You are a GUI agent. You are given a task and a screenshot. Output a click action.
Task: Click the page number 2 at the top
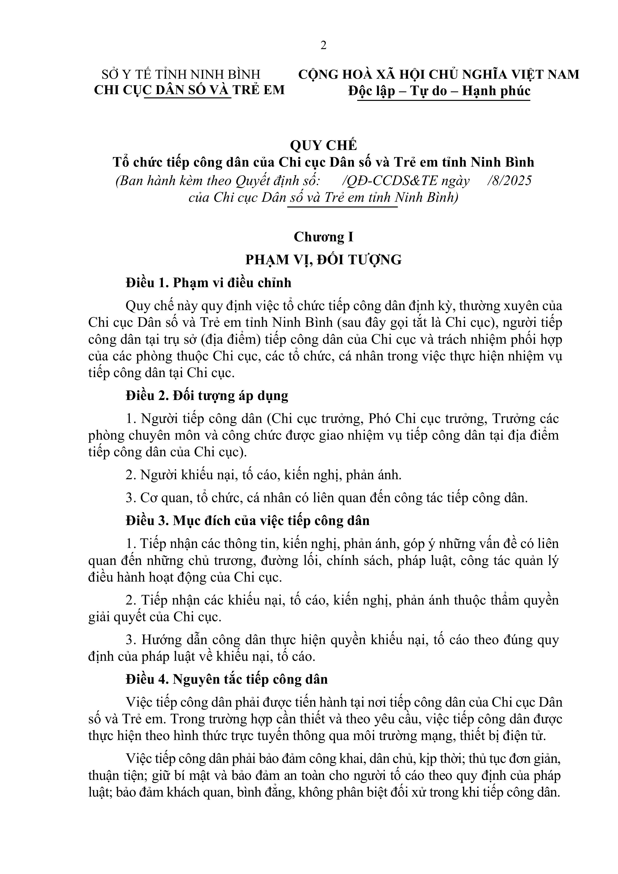323,46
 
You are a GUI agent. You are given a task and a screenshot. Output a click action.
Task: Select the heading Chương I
323,237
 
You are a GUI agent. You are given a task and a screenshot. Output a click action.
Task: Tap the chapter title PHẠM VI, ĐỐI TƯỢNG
323,260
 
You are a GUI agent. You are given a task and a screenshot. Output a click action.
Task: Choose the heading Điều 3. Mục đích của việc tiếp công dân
248,521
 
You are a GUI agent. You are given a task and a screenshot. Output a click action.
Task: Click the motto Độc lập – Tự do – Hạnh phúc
439,91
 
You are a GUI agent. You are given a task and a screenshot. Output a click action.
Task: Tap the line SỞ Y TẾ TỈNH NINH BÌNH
181,74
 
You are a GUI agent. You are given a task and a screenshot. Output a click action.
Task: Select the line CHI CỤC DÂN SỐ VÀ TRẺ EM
189,90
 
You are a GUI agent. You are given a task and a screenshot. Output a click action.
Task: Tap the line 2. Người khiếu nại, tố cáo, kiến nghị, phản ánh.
264,475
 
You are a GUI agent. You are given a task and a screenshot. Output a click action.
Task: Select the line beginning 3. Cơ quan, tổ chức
327,498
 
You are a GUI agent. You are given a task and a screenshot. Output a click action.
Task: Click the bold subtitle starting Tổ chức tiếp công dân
323,163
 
